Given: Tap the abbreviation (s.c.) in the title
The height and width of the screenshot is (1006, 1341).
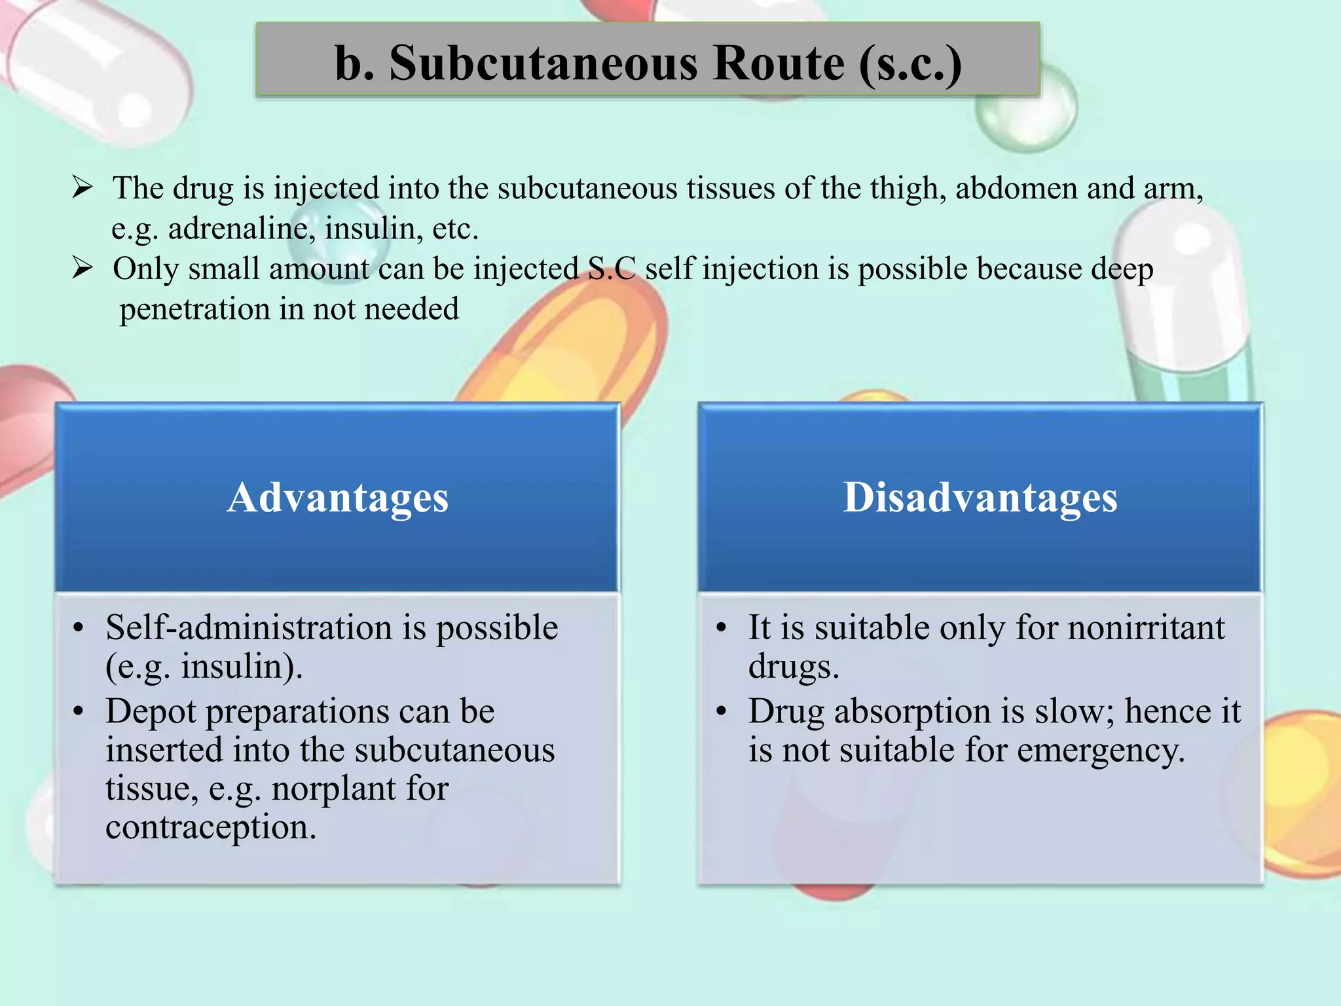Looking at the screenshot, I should coord(910,64).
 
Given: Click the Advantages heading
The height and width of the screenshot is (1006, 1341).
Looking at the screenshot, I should coord(338,497).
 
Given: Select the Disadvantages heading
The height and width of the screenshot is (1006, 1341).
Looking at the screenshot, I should coord(980,497).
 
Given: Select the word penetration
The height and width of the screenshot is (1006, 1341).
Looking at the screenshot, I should coord(194,309).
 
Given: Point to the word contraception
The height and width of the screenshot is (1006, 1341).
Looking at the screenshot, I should coord(211,827).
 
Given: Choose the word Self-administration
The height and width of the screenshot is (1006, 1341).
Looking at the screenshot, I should coord(249,627).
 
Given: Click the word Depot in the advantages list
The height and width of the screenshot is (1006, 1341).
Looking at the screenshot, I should coord(151,712).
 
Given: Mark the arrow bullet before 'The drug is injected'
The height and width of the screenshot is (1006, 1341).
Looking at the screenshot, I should coord(83,188).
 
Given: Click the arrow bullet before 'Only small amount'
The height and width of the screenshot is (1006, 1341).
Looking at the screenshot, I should coord(83,269).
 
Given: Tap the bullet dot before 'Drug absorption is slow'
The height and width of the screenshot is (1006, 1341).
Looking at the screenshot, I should coord(722,712).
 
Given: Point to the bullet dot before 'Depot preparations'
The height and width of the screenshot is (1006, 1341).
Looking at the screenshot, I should coord(79,712).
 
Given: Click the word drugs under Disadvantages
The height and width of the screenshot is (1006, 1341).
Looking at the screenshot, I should coord(793,667).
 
